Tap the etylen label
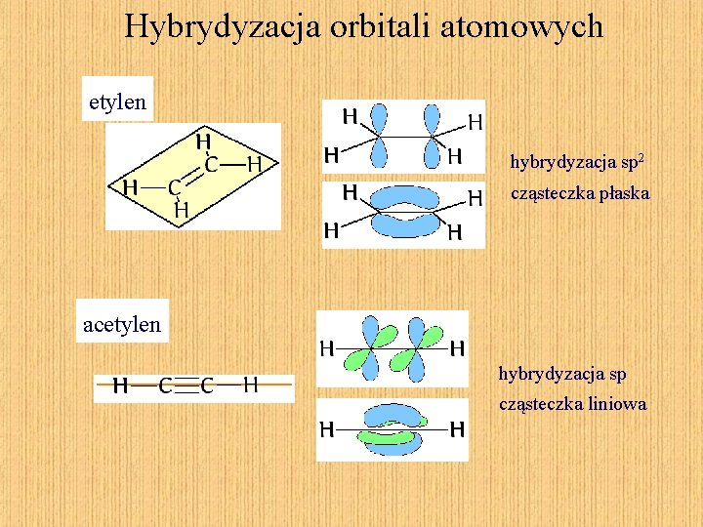pos(117,101)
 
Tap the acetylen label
pos(122,324)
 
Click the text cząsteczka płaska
pos(580,193)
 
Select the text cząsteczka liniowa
pos(572,403)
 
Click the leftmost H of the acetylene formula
pos(121,385)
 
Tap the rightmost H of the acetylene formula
pos(251,385)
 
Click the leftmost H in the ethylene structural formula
pos(129,186)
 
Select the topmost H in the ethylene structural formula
pos(204,142)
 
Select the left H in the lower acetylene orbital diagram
pos(327,428)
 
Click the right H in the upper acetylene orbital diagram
pos(457,347)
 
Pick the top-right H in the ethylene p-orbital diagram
pos(476,123)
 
